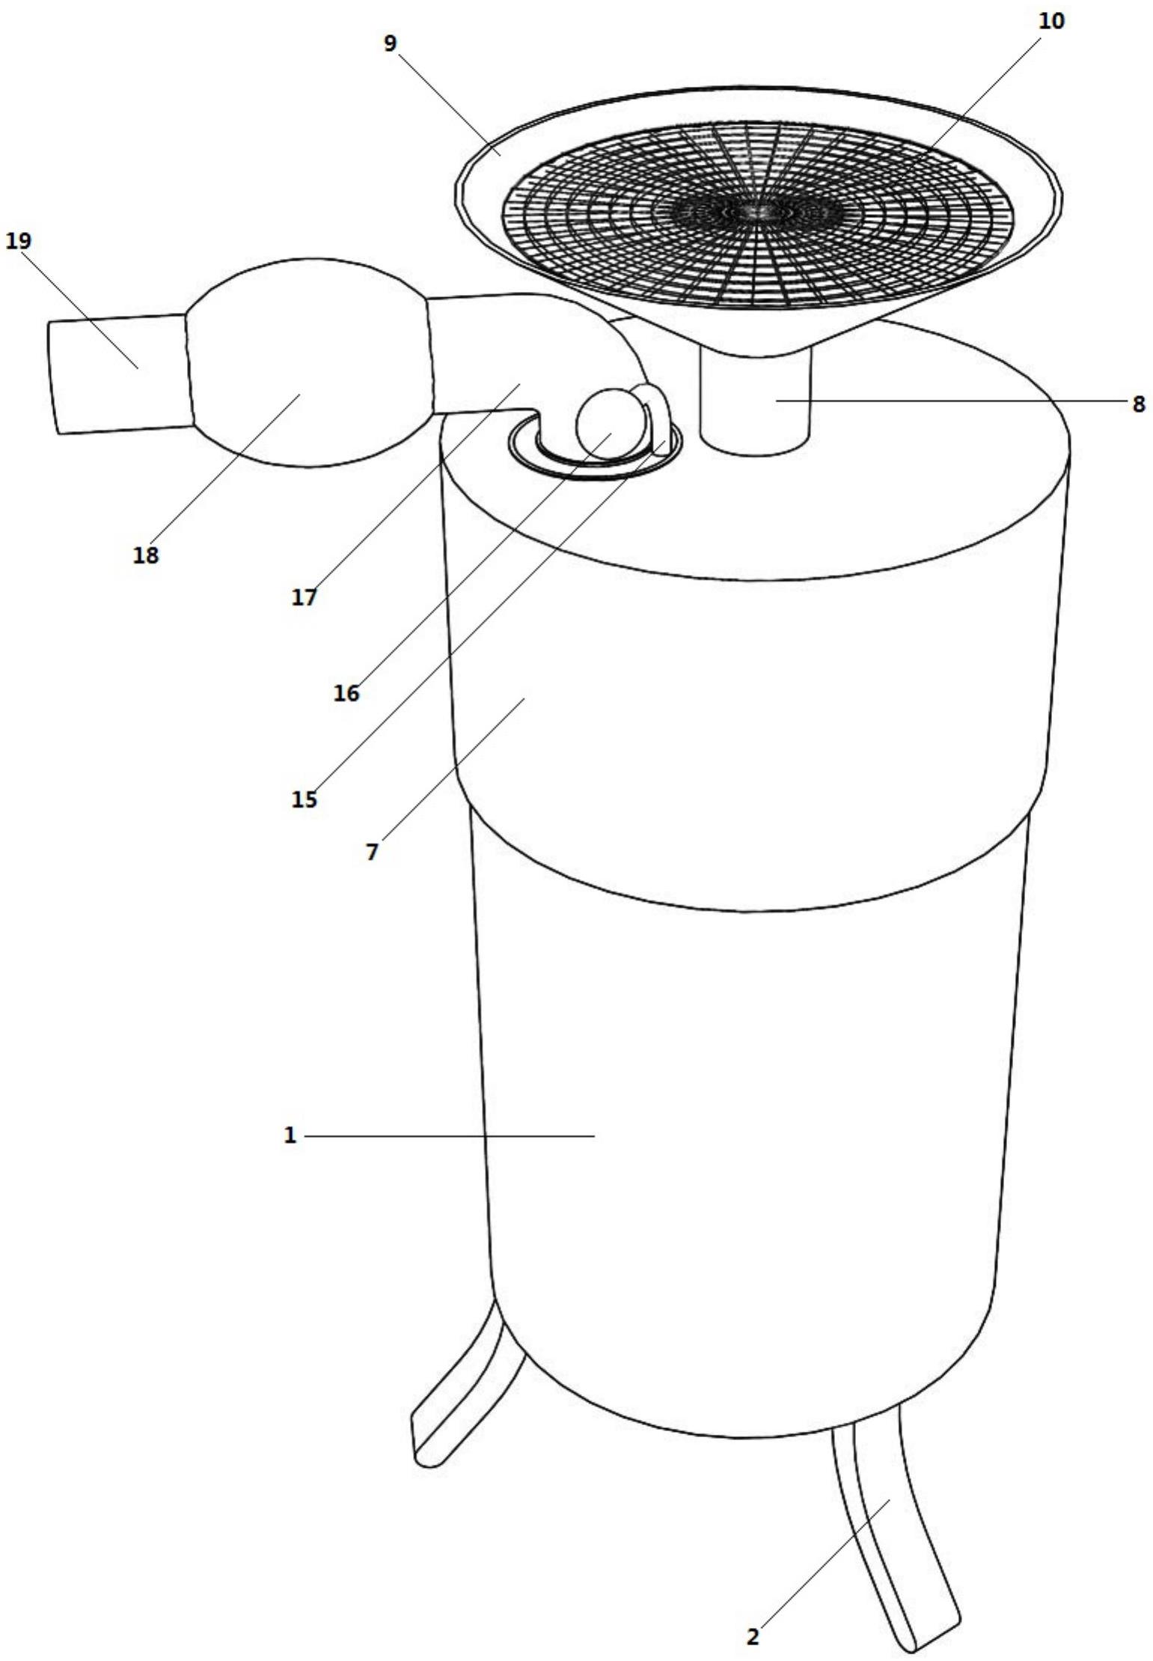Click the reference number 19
[18, 241]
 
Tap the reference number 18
[147, 555]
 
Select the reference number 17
[305, 597]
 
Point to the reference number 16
[346, 694]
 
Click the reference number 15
[305, 800]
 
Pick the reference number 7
[373, 853]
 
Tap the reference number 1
[290, 1136]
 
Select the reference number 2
[753, 1637]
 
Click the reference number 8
[1138, 404]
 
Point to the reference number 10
[1051, 22]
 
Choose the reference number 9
[390, 43]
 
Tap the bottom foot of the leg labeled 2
[928, 1632]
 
